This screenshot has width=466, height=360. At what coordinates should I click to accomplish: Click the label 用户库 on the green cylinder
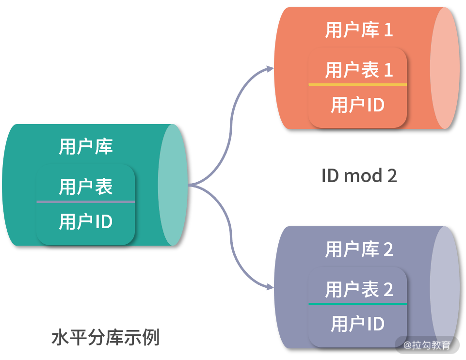click(x=86, y=147)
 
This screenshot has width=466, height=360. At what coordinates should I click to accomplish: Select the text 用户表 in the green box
click(x=86, y=187)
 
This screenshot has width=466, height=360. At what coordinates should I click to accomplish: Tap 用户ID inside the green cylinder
click(x=86, y=222)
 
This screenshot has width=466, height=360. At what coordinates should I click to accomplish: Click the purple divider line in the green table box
click(x=85, y=202)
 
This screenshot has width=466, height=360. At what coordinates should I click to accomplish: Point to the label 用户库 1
click(x=359, y=30)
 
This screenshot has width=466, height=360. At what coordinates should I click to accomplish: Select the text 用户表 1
click(x=359, y=70)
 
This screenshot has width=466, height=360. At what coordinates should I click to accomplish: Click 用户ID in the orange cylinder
click(x=358, y=105)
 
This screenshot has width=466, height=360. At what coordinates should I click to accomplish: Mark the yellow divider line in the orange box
click(x=357, y=84)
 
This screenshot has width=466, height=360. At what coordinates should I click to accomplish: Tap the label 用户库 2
click(x=359, y=250)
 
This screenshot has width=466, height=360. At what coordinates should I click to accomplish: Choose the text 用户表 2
click(x=359, y=290)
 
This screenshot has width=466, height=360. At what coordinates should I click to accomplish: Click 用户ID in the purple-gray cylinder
click(x=358, y=324)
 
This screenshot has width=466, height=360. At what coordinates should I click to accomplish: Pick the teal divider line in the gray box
click(x=357, y=304)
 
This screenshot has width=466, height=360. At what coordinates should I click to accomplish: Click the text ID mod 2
click(x=359, y=175)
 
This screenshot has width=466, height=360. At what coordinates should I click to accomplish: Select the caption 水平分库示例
click(x=105, y=338)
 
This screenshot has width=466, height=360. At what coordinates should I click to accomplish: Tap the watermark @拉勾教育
click(x=427, y=345)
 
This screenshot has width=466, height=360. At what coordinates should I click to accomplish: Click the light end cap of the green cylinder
click(x=173, y=185)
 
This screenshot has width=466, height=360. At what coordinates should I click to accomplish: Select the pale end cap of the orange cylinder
click(x=445, y=68)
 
